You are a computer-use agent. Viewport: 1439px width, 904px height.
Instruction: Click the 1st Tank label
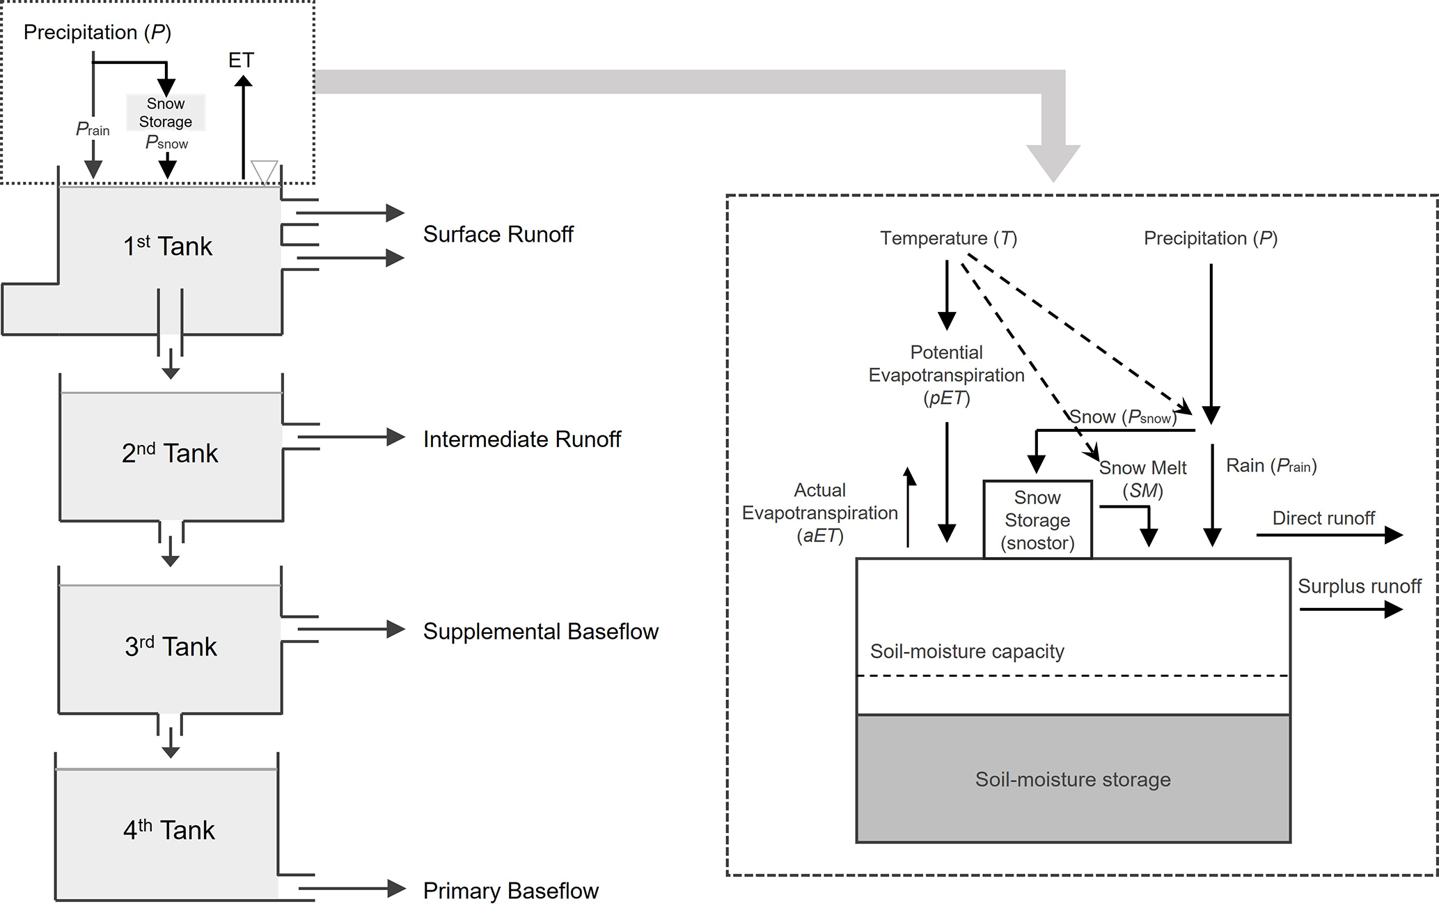168,247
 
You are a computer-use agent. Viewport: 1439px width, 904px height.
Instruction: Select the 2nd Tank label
170,453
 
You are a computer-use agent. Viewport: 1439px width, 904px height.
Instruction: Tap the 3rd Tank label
171,646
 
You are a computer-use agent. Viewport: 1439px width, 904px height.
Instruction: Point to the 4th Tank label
169,829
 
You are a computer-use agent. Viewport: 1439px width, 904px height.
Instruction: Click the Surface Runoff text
498,235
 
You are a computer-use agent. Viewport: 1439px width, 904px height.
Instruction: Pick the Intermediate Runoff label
522,439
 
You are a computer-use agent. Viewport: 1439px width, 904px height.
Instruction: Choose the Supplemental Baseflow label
540,632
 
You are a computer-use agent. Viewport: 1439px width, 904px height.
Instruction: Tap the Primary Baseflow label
510,891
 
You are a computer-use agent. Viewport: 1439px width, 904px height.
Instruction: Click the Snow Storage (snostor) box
1037,520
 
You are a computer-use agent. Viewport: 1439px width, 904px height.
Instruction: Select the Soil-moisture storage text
1073,779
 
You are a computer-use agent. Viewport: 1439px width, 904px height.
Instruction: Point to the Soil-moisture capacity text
967,651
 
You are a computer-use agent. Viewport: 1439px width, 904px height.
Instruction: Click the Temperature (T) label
948,238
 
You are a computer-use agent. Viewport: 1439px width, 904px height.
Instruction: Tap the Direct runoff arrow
1329,535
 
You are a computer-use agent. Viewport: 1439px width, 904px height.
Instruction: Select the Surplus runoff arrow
1351,609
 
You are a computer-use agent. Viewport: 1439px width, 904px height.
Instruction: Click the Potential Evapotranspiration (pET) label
946,375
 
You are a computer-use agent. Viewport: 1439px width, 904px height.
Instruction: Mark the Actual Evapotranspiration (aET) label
820,513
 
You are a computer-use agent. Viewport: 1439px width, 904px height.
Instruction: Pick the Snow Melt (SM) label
1142,479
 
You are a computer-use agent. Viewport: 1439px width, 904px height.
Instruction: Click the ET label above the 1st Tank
241,61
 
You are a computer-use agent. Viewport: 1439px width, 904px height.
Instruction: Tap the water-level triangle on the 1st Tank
264,171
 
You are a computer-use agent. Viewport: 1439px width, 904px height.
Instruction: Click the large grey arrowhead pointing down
1053,162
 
